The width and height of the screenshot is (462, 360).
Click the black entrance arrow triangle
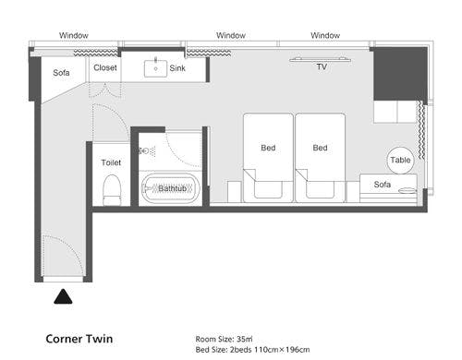coord(63,296)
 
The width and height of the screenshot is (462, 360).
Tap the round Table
coord(400,160)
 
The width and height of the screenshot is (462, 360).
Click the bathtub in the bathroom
coord(171,188)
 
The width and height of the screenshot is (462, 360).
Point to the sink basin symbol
coord(155,68)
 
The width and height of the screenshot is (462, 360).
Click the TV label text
coord(322,66)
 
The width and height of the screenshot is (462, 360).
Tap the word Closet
coord(105,67)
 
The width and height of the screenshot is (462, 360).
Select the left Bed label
coord(268,148)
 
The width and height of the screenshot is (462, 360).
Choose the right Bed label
coord(320,148)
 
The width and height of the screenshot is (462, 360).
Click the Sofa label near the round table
coord(383,185)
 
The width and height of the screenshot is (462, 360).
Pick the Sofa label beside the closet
coord(61,73)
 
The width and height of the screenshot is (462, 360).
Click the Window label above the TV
coord(325,35)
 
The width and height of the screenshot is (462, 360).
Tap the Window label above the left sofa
coord(74,35)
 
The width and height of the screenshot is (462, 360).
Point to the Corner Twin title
coord(79,339)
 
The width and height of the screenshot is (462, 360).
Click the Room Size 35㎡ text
coord(224,339)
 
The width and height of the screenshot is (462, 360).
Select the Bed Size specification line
coord(252,350)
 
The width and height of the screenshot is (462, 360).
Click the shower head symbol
coord(147,151)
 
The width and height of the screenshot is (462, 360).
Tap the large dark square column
coord(400,74)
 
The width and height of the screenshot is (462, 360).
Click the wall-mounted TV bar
coord(320,60)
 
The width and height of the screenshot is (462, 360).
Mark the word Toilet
coord(111,162)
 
